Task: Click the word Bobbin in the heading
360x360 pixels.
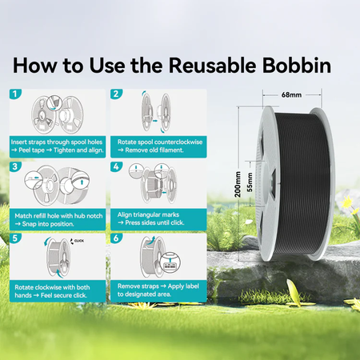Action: pyautogui.click(x=297, y=66)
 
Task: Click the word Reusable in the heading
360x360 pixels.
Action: pyautogui.click(x=212, y=66)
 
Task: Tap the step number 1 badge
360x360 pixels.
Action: pyautogui.click(x=15, y=94)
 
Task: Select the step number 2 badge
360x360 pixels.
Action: pyautogui.click(x=116, y=94)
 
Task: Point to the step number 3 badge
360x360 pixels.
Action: pyautogui.click(x=15, y=167)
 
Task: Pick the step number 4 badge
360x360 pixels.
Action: pyautogui.click(x=116, y=167)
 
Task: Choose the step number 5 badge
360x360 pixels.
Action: pyautogui.click(x=15, y=238)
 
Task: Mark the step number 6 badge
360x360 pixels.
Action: pyautogui.click(x=116, y=238)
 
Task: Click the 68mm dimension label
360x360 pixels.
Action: pyautogui.click(x=291, y=94)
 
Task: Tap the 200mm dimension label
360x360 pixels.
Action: pyautogui.click(x=238, y=184)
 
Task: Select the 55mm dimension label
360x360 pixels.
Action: pyautogui.click(x=250, y=182)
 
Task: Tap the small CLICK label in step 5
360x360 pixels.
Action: pyautogui.click(x=79, y=241)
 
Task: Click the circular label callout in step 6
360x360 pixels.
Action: pyautogui.click(x=170, y=262)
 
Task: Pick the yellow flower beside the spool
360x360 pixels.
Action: pyautogui.click(x=346, y=202)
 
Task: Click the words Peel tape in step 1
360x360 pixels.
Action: pyautogui.click(x=31, y=150)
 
